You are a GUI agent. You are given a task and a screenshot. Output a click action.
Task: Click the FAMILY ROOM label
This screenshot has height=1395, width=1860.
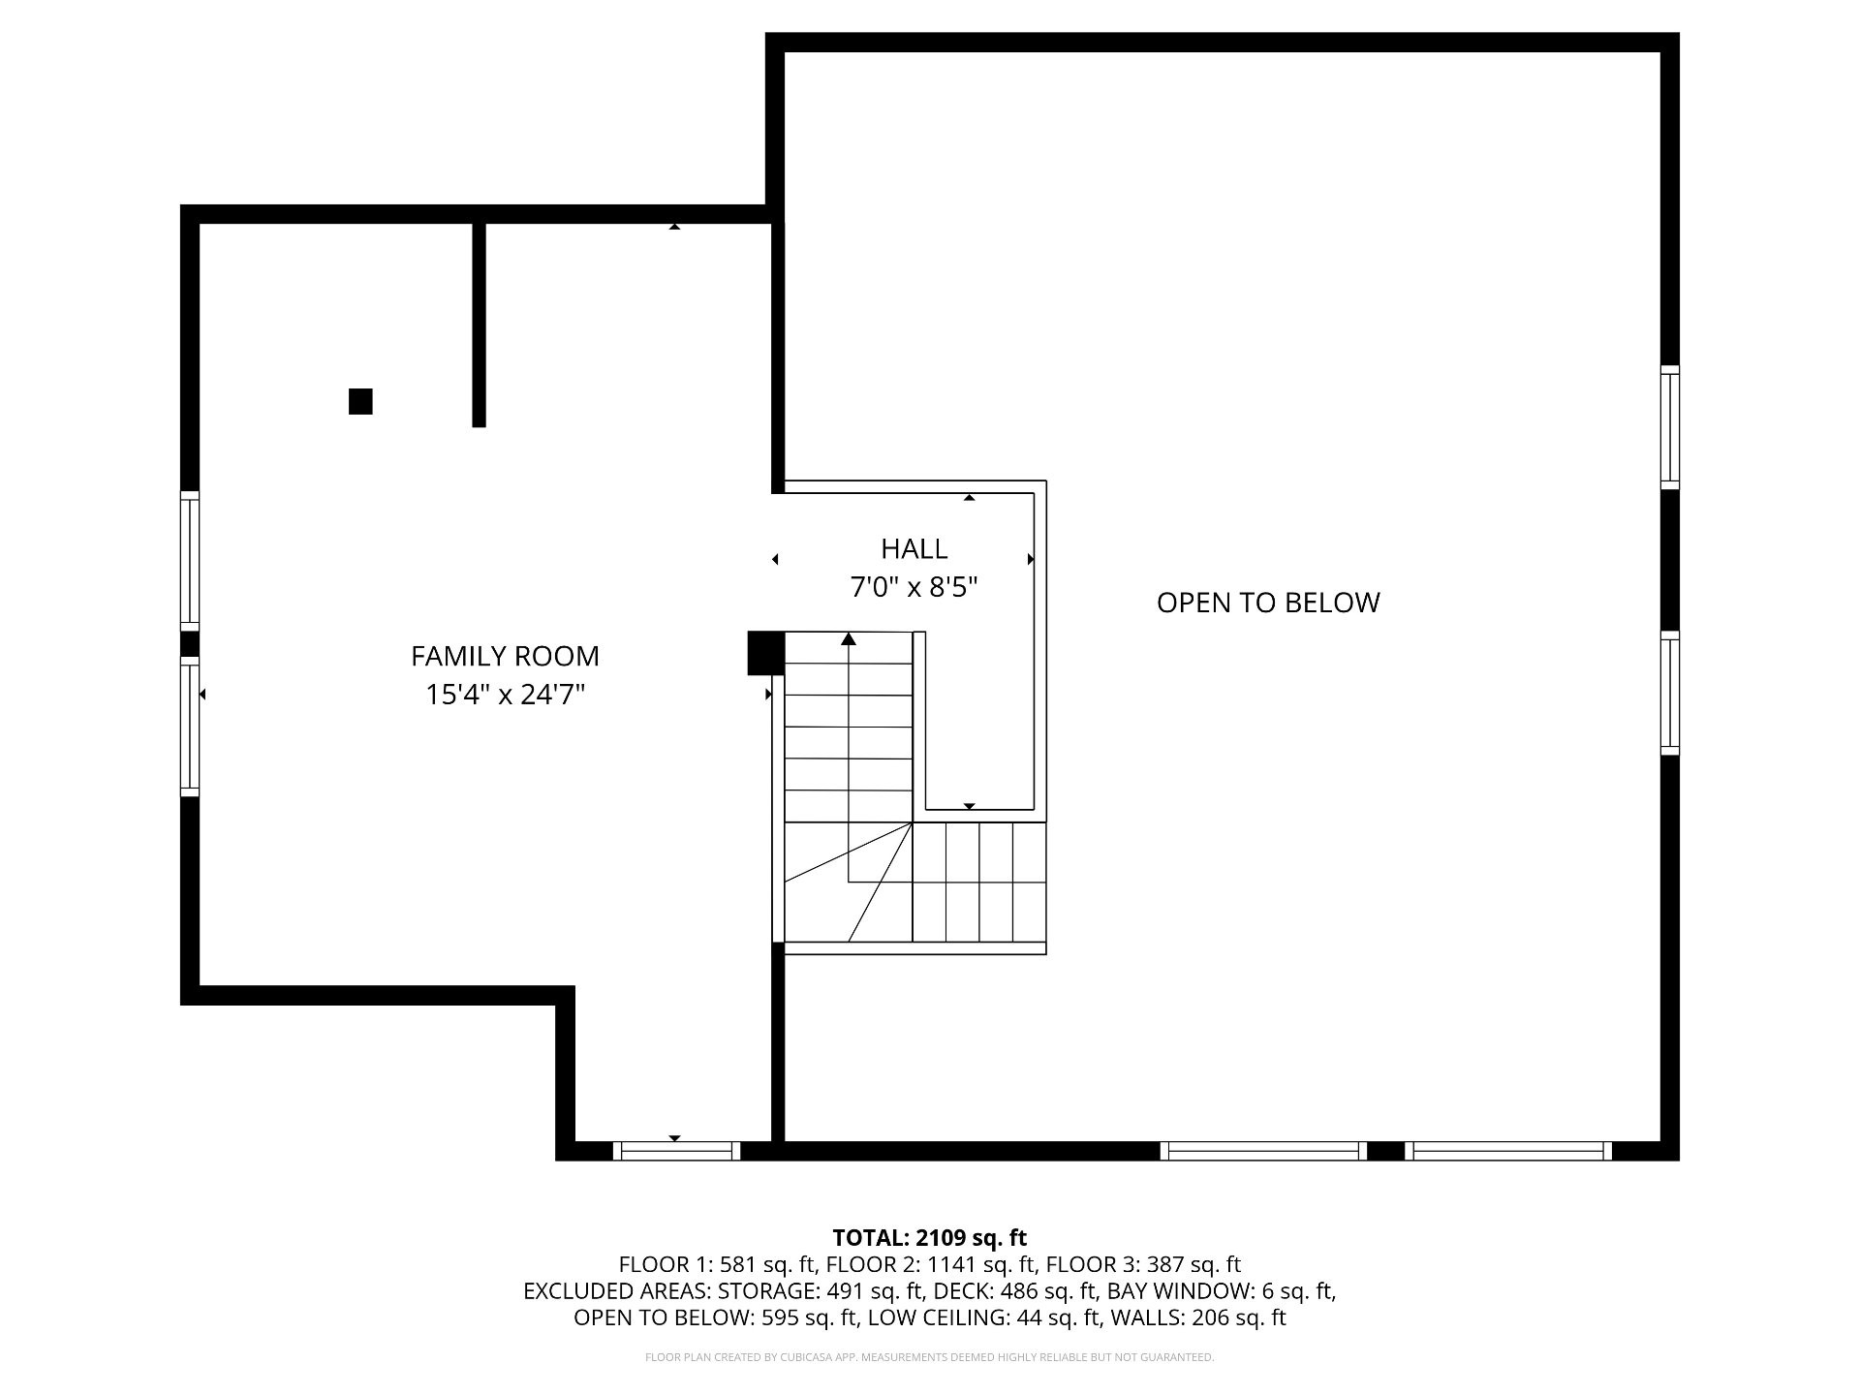(505, 656)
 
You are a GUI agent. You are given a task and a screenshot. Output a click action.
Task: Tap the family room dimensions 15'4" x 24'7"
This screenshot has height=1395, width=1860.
(505, 695)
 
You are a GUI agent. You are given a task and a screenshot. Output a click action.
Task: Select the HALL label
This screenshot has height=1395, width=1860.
(914, 549)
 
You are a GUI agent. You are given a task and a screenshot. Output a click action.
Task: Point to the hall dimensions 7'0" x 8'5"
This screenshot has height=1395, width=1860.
(914, 587)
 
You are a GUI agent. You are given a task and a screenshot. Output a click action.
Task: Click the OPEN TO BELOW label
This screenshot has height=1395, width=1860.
(1268, 603)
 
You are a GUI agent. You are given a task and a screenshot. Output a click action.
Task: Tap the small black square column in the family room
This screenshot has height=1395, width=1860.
(360, 401)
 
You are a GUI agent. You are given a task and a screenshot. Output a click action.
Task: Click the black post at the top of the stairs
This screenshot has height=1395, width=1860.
(765, 653)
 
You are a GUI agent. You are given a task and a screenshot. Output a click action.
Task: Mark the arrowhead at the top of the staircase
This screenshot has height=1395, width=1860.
(849, 638)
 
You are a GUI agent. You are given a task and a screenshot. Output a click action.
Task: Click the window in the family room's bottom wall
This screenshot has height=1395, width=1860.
(676, 1151)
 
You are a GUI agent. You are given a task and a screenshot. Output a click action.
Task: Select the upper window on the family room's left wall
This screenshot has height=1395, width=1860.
(190, 561)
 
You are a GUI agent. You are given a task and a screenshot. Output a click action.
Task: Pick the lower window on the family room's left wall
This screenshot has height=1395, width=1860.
(190, 727)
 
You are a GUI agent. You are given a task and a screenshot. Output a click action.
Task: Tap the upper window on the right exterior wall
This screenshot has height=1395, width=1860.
(1670, 427)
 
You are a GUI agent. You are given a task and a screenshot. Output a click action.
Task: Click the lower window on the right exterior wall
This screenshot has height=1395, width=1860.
(1670, 693)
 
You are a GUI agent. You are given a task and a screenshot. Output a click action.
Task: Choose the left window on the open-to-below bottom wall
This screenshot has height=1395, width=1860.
(1263, 1151)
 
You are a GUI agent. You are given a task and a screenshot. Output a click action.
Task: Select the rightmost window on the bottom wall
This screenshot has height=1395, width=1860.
(1508, 1151)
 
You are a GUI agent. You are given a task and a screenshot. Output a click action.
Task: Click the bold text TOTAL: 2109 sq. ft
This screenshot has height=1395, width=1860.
(930, 1237)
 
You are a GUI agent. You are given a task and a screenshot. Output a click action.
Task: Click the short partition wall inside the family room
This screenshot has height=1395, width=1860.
(479, 325)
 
